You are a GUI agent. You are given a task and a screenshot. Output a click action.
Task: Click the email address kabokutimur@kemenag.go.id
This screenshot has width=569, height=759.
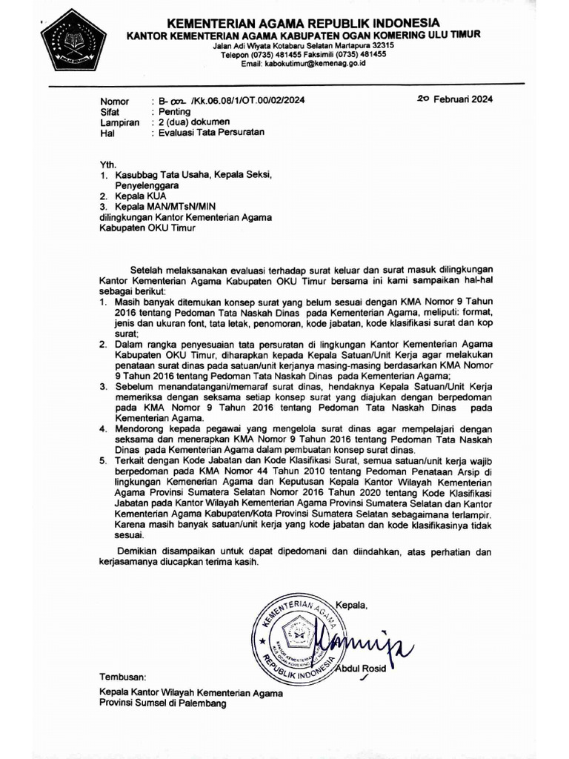click(x=304, y=64)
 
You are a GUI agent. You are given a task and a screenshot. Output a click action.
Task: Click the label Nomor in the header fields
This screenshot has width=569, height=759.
click(x=115, y=102)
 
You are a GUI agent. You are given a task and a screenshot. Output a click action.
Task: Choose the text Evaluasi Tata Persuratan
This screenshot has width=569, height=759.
click(x=207, y=133)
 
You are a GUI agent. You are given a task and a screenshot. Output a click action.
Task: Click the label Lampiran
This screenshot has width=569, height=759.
click(x=119, y=123)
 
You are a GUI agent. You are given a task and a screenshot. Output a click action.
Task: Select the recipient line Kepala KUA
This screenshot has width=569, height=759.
click(x=140, y=196)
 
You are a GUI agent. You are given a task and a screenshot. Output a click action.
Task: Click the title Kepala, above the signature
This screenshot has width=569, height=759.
click(x=351, y=606)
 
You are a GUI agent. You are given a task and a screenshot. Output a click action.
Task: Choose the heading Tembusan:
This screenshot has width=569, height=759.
click(x=123, y=677)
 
